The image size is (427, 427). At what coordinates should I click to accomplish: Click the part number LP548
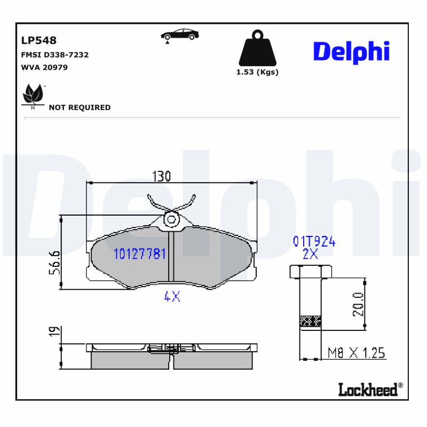click(38, 41)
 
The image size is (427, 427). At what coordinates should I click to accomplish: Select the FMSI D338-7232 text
click(54, 54)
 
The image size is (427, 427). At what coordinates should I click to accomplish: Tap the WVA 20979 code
click(44, 67)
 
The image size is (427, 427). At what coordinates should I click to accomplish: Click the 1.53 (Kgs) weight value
click(257, 72)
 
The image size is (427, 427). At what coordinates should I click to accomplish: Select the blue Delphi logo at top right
click(351, 52)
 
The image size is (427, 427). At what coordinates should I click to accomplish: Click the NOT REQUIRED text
click(80, 107)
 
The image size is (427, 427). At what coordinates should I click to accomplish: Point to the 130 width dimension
click(161, 176)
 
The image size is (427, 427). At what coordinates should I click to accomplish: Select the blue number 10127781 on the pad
click(140, 254)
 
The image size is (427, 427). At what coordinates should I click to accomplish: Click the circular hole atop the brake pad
click(172, 219)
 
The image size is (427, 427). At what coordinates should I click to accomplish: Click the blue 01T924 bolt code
click(314, 242)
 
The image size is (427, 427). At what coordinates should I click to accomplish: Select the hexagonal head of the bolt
click(310, 272)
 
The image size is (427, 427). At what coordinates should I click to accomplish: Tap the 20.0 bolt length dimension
click(358, 304)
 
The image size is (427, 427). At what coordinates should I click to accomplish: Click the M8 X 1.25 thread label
click(356, 353)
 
